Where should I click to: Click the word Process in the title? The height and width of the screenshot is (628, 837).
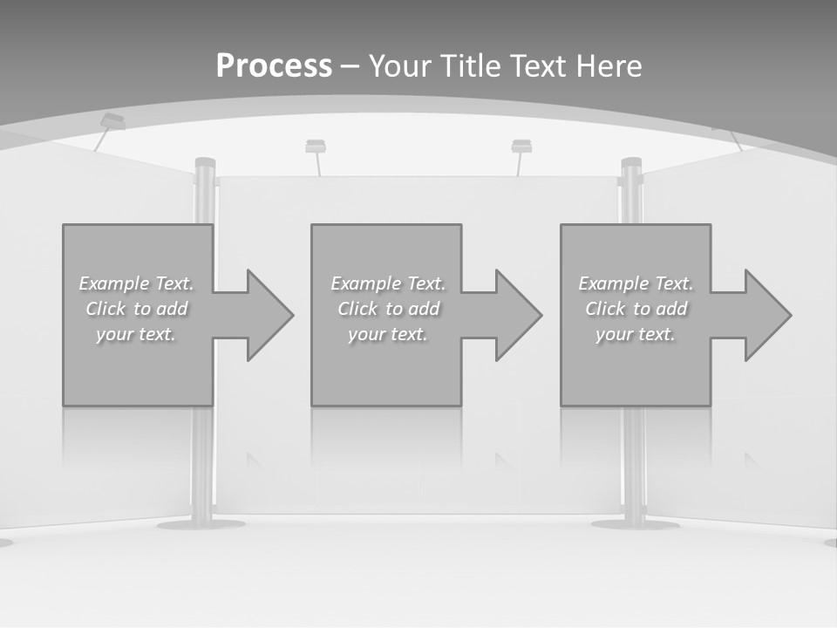pyautogui.click(x=274, y=66)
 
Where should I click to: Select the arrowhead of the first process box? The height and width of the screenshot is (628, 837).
pyautogui.click(x=266, y=315)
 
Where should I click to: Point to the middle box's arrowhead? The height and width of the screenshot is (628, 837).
pyautogui.click(x=514, y=315)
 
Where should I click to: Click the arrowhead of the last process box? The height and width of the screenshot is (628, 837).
pyautogui.click(x=764, y=315)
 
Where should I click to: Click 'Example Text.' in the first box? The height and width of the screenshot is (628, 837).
pyautogui.click(x=136, y=283)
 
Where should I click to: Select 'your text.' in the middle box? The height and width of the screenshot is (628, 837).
pyautogui.click(x=387, y=334)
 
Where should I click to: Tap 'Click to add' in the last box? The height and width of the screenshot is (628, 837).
pyautogui.click(x=636, y=309)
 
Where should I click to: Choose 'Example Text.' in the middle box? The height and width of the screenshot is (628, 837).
pyautogui.click(x=387, y=283)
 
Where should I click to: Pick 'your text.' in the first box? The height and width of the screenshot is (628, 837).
pyautogui.click(x=136, y=334)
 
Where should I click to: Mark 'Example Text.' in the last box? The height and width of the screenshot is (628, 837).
pyautogui.click(x=636, y=283)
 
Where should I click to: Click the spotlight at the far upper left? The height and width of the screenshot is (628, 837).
pyautogui.click(x=112, y=121)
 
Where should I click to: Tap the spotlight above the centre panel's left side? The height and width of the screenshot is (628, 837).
pyautogui.click(x=316, y=146)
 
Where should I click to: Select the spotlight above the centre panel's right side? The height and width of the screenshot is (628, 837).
pyautogui.click(x=521, y=146)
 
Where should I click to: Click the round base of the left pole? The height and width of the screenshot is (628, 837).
pyautogui.click(x=201, y=524)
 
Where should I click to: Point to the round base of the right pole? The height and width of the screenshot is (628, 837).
pyautogui.click(x=634, y=524)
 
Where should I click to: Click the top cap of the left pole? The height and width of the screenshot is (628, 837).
pyautogui.click(x=205, y=163)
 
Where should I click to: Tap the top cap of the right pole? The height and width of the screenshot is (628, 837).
pyautogui.click(x=631, y=163)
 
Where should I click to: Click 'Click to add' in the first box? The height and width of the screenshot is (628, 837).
pyautogui.click(x=136, y=309)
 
